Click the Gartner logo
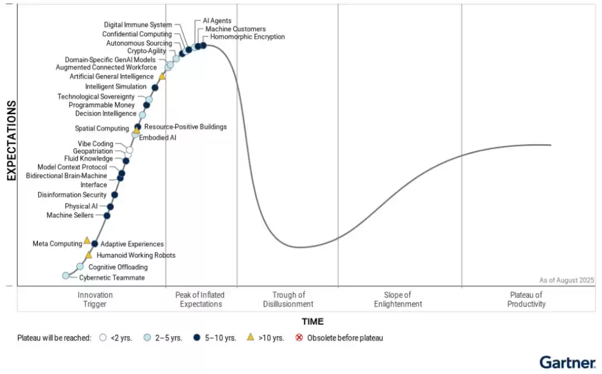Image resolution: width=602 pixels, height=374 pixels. pyautogui.click(x=567, y=362)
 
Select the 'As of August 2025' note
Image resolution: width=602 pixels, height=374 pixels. pyautogui.click(x=566, y=280)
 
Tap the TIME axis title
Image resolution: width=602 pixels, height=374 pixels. pyautogui.click(x=312, y=321)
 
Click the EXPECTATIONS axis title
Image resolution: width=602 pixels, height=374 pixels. pyautogui.click(x=11, y=140)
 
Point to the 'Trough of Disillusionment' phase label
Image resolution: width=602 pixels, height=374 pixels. pyautogui.click(x=288, y=299)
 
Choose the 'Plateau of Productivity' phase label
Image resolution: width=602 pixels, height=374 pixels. pyautogui.click(x=526, y=299)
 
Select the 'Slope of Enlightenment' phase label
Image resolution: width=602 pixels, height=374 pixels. pyautogui.click(x=398, y=299)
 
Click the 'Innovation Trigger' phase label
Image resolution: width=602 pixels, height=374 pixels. pyautogui.click(x=95, y=299)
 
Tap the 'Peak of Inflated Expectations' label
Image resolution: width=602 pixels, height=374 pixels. pyautogui.click(x=200, y=299)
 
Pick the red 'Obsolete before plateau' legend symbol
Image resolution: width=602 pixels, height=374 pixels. pyautogui.click(x=299, y=337)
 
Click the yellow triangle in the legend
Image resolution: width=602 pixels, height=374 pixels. pyautogui.click(x=251, y=337)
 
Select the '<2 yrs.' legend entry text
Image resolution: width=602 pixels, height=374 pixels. pyautogui.click(x=122, y=338)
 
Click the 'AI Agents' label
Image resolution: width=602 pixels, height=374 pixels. pyautogui.click(x=217, y=21)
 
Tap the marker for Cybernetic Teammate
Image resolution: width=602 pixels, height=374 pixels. pyautogui.click(x=66, y=275)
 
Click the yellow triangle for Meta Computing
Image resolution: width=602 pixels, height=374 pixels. pyautogui.click(x=87, y=240)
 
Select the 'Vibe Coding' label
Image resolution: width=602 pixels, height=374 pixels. pyautogui.click(x=95, y=144)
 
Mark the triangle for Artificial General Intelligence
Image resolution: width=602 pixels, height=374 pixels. pyautogui.click(x=162, y=76)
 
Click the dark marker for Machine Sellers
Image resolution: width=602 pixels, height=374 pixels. pyautogui.click(x=107, y=215)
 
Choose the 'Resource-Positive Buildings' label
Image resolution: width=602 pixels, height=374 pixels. pyautogui.click(x=186, y=127)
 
